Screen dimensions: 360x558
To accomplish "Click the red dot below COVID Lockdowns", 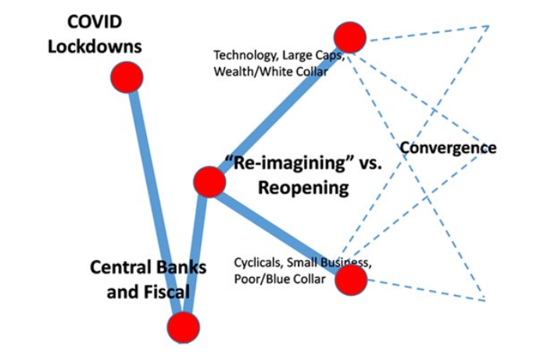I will pos(125,77).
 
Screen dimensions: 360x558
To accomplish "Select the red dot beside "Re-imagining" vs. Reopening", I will pos(209,181).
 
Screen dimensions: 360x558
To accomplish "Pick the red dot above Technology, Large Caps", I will pos(349,37).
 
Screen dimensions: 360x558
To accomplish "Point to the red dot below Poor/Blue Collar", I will pos(351,280).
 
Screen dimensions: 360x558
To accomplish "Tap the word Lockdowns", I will pos(95,45).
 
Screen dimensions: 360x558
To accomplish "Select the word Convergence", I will pos(448,147).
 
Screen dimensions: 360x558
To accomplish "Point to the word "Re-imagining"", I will pos(276,163).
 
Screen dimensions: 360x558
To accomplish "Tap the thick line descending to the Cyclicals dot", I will pos(281,231).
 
